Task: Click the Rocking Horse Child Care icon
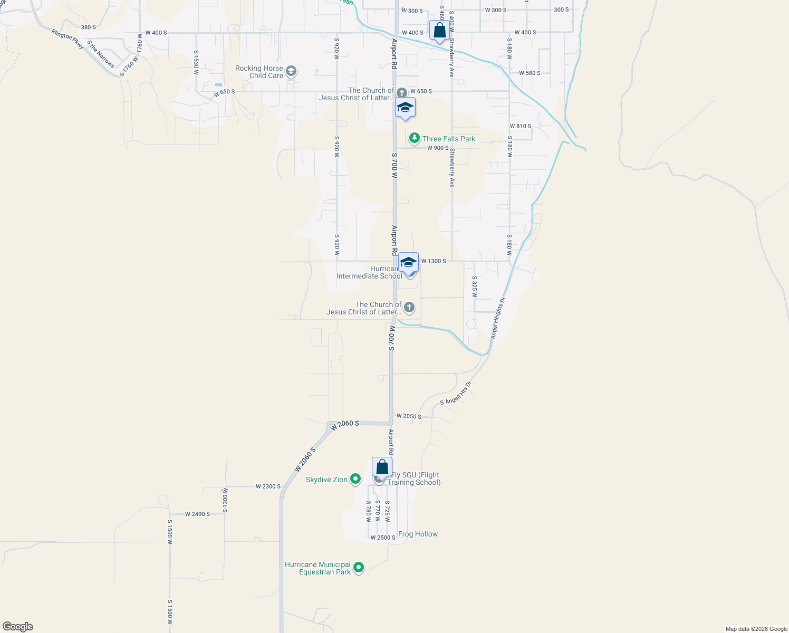tap(291, 71)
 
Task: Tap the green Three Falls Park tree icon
tap(415, 138)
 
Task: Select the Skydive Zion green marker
tap(355, 479)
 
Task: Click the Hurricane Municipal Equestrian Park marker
tap(359, 568)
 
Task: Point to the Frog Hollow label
tap(418, 534)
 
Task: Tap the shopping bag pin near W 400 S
tap(439, 31)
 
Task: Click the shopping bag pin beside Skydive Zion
tap(382, 467)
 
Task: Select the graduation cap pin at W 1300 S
tap(408, 262)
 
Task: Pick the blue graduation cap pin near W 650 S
tap(405, 108)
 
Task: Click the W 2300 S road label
tap(268, 486)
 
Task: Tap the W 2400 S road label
tap(197, 514)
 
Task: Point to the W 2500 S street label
tap(382, 538)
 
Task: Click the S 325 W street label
tap(474, 286)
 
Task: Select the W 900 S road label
tap(438, 148)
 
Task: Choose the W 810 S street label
tap(521, 126)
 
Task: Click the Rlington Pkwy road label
tap(68, 39)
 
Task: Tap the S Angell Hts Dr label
tap(456, 394)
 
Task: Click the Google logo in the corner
tap(18, 627)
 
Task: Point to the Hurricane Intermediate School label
tap(369, 272)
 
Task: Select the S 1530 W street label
tap(196, 63)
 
